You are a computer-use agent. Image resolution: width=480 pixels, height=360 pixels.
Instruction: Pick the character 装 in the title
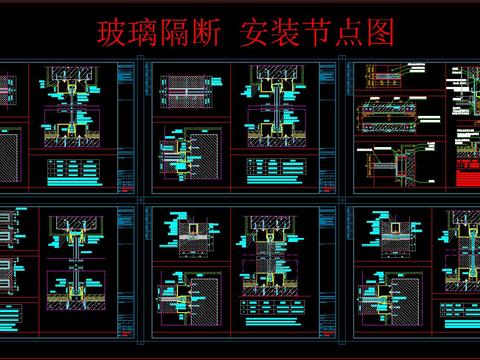288,33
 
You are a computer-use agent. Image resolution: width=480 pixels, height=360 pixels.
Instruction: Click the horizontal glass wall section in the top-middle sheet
182,88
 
